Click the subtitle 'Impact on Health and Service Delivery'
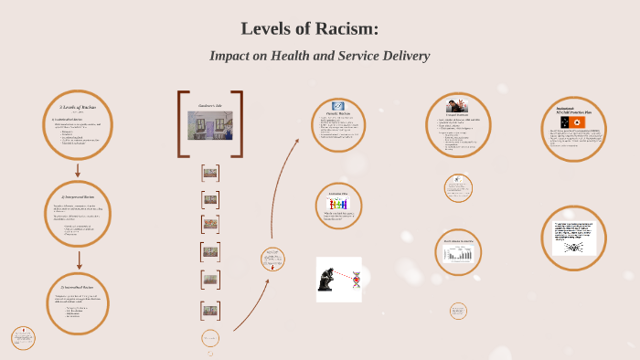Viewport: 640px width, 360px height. click(x=319, y=56)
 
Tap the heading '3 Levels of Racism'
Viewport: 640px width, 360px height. click(x=78, y=108)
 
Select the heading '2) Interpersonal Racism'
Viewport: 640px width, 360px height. click(x=78, y=197)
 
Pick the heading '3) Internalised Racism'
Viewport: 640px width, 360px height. click(x=78, y=287)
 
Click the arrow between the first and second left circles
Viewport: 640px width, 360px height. click(x=78, y=169)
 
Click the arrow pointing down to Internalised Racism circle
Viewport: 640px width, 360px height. click(x=79, y=259)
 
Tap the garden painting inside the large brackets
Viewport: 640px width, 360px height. click(x=209, y=125)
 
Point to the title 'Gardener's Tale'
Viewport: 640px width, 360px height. click(x=210, y=106)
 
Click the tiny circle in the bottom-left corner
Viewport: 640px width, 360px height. click(x=23, y=337)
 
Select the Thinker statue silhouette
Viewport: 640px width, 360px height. click(x=327, y=279)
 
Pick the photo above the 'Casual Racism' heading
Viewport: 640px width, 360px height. click(x=457, y=105)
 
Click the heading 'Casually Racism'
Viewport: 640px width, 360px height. click(x=338, y=114)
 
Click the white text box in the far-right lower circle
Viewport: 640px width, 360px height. click(x=574, y=238)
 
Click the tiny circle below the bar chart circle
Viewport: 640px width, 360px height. click(x=459, y=311)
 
